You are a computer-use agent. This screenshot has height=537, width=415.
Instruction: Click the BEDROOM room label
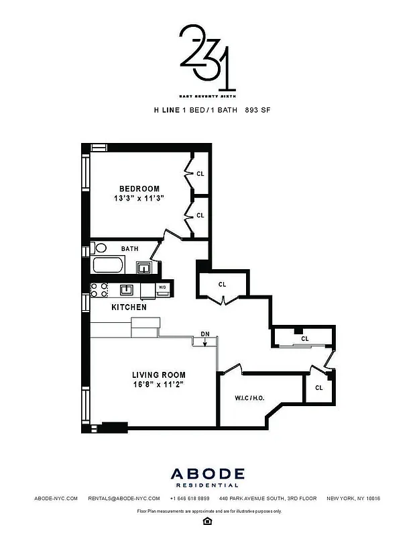click(x=139, y=188)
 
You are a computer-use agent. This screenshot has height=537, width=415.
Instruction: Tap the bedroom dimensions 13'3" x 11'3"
click(x=139, y=199)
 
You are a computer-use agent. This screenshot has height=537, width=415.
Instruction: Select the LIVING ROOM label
click(x=158, y=375)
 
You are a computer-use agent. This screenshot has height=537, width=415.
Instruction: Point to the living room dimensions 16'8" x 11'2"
click(x=158, y=385)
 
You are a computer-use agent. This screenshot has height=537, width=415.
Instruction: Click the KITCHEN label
click(x=129, y=307)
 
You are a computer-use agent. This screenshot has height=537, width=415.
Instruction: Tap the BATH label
click(x=129, y=248)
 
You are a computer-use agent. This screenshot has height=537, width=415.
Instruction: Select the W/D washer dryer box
click(x=162, y=289)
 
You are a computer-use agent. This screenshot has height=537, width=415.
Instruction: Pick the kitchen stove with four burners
click(x=99, y=289)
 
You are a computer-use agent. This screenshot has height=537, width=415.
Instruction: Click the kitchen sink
click(x=126, y=289)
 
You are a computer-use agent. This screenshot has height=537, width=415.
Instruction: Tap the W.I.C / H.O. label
click(x=249, y=397)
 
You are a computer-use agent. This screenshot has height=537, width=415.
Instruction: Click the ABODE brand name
click(x=207, y=473)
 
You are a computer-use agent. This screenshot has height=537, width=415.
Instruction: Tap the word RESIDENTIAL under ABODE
click(x=207, y=485)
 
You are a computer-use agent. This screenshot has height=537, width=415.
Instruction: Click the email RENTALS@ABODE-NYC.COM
click(x=124, y=499)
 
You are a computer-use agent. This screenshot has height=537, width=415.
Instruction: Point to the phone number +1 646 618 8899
click(x=190, y=499)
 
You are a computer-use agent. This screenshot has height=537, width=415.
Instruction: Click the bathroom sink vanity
click(x=143, y=268)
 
